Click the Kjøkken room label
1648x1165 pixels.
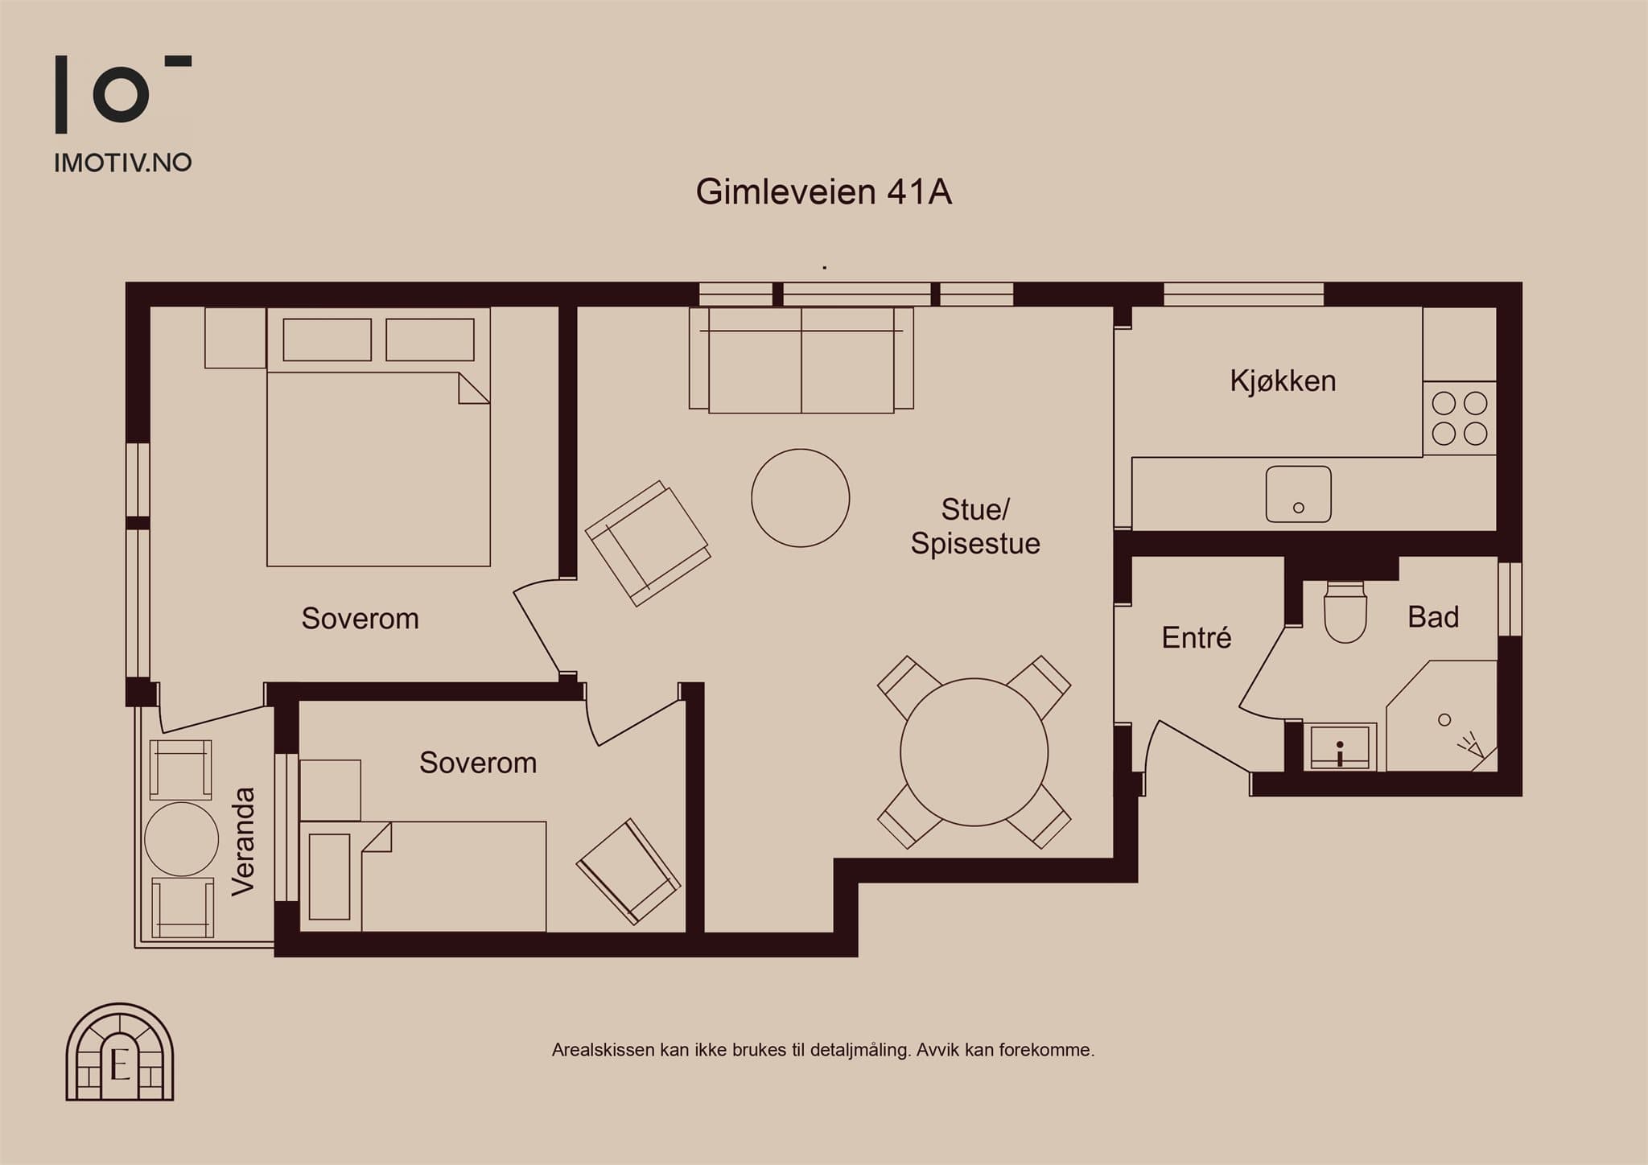[1283, 381]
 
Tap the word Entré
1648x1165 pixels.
[1197, 637]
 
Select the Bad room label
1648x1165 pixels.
[1433, 617]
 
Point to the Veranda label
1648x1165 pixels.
[242, 841]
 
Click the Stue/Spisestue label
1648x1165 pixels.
[975, 526]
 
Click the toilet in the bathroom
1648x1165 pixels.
[1345, 611]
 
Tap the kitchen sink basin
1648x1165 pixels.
[1298, 494]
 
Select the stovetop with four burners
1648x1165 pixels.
[1460, 418]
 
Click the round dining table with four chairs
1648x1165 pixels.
[974, 752]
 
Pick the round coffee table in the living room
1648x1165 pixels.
[800, 498]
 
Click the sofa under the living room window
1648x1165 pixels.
[801, 360]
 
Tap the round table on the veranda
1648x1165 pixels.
[181, 839]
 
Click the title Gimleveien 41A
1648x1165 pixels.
[824, 192]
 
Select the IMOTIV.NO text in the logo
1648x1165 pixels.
[123, 163]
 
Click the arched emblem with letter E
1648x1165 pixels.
[120, 1052]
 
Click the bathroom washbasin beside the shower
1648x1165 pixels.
[1340, 747]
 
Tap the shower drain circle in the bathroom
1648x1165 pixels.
[1444, 720]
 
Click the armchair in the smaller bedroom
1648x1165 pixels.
[628, 871]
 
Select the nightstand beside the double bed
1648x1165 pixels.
[235, 338]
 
